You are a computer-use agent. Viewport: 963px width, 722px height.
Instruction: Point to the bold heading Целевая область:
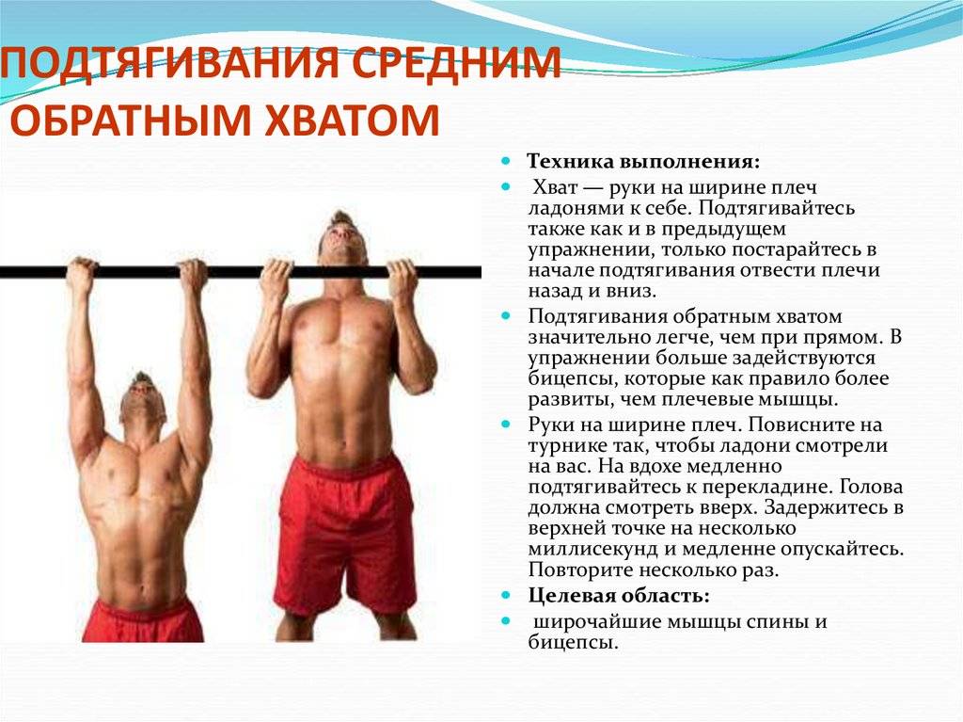point(620,596)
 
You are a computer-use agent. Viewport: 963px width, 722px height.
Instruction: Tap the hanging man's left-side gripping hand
point(82,273)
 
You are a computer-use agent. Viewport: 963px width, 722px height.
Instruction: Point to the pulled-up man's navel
point(345,428)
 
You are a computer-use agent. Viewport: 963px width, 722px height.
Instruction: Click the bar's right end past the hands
point(451,272)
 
